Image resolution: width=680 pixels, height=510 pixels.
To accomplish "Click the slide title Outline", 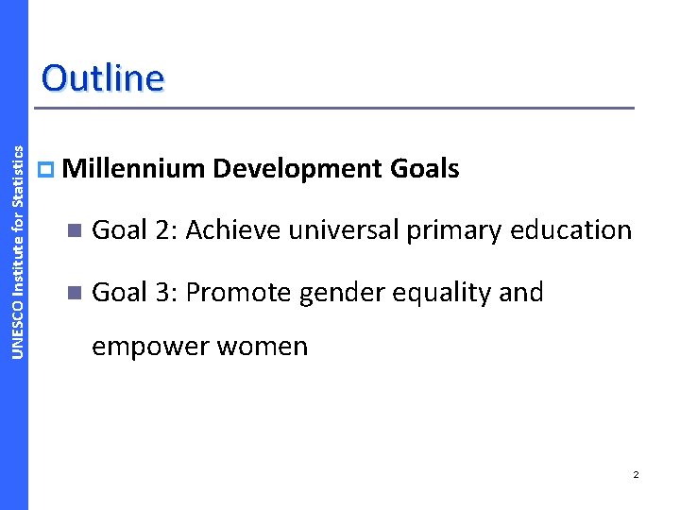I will point(102,77).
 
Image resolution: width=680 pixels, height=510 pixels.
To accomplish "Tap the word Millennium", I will point(135,169).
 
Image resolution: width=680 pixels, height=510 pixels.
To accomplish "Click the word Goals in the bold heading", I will point(424,169).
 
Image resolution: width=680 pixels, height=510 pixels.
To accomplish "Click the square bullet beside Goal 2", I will point(76,230).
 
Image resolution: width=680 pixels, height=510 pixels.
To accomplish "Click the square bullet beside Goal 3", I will point(76,294).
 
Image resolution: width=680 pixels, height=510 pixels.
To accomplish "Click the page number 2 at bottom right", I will point(636,474).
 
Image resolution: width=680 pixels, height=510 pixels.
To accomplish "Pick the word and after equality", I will point(521,293).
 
